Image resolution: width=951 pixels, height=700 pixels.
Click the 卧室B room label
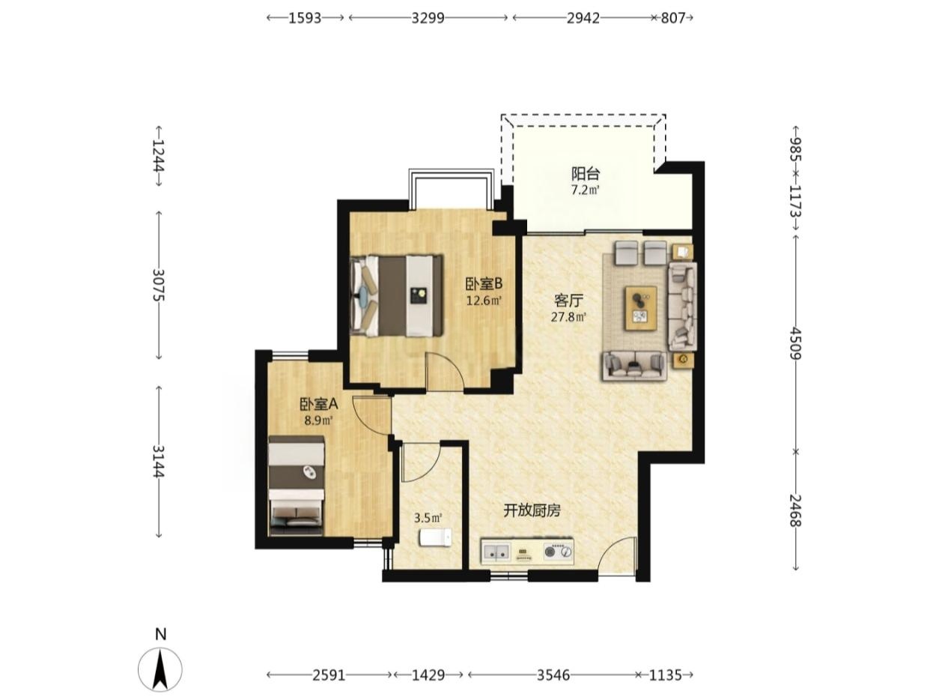coord(484,283)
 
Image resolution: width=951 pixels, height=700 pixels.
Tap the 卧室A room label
coord(319,404)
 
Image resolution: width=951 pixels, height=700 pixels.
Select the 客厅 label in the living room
coord(568,301)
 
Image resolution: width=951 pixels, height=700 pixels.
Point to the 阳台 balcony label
coord(585,173)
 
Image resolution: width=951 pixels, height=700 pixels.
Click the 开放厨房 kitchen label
coord(532,510)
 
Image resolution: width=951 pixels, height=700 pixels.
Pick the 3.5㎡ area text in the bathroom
coord(428,518)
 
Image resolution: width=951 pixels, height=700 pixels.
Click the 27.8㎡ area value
coord(568,317)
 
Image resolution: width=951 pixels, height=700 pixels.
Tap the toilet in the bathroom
coord(435,537)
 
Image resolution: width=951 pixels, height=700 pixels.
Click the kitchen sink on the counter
coord(496,552)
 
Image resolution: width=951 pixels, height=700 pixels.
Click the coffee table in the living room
coord(641,308)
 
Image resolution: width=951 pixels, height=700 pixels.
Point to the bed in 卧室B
coord(397,296)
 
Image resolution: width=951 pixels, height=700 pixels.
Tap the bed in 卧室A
coord(297,486)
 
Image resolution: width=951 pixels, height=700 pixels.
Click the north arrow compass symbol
coord(160,668)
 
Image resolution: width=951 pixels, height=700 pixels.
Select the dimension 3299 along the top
coord(428,18)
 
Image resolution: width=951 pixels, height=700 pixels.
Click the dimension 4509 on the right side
coord(795,343)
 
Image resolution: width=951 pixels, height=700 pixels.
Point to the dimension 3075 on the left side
coord(159,285)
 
